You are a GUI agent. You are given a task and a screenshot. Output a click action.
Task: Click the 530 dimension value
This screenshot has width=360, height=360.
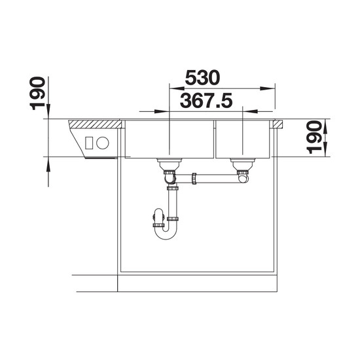(202, 78)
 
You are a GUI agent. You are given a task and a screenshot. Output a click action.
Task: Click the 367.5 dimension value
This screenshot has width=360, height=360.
(206, 101)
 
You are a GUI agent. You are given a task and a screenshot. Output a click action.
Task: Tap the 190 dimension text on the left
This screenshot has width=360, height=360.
(37, 93)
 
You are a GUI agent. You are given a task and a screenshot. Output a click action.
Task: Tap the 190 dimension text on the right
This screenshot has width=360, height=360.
(314, 137)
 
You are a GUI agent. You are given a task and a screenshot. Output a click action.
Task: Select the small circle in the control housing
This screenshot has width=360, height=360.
(102, 143)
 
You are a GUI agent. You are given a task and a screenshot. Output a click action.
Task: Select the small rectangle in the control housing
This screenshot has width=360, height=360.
(89, 143)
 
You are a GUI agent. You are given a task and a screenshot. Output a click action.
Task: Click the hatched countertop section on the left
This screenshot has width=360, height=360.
(96, 124)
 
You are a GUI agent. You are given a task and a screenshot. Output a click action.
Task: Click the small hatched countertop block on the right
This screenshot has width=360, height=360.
(278, 124)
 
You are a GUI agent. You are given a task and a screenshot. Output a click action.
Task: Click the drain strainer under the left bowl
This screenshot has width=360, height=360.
(170, 164)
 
